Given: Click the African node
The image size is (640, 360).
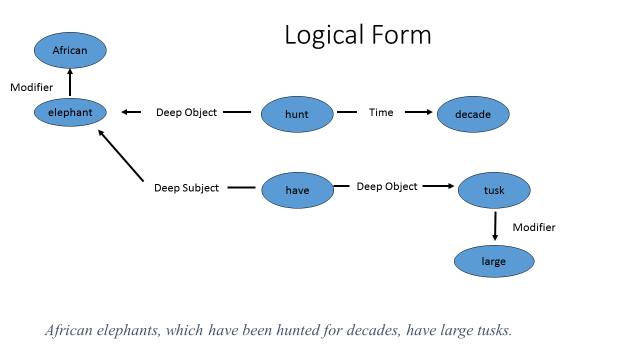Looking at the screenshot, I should [70, 49].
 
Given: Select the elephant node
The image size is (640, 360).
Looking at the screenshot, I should [70, 113].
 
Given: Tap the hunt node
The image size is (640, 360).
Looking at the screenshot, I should [297, 114].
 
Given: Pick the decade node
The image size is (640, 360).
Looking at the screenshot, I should [473, 114].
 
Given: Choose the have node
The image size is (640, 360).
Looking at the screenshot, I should [297, 189].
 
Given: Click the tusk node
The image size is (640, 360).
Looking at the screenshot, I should [494, 189].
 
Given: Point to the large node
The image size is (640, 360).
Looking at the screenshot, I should [494, 261].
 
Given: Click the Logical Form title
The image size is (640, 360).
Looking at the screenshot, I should [358, 35].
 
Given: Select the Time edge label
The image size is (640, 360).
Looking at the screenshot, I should [381, 113].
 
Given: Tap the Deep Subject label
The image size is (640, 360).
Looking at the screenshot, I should [186, 188].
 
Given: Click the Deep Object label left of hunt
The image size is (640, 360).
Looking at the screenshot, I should [186, 113].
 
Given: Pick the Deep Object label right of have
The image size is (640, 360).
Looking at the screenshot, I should [387, 186].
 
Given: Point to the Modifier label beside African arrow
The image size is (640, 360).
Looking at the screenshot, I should [31, 88].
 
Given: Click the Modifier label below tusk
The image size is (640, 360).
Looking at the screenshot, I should [533, 227].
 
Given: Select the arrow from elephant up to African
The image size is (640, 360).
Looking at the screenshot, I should [70, 83].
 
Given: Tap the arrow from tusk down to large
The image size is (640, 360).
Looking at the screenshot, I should [494, 225].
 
